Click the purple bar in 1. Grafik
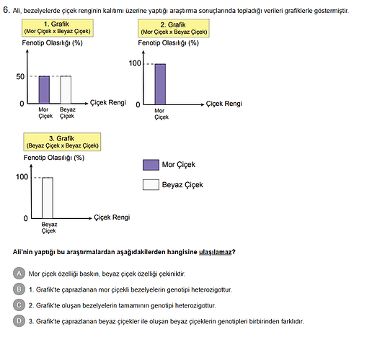pyautogui.click(x=44, y=90)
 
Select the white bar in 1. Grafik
pyautogui.click(x=66, y=90)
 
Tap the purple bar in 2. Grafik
pyautogui.click(x=160, y=84)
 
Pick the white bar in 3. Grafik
pyautogui.click(x=48, y=198)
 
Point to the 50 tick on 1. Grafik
pyautogui.click(x=20, y=76)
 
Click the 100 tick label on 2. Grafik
pyautogui.click(x=135, y=63)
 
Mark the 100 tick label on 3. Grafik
pyautogui.click(x=22, y=177)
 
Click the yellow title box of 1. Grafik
pyautogui.click(x=58, y=28)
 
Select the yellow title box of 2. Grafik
pyautogui.click(x=174, y=28)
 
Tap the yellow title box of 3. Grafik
pyautogui.click(x=62, y=142)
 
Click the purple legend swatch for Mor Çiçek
pyautogui.click(x=151, y=165)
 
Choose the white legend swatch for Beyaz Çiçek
pyautogui.click(x=151, y=184)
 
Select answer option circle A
pyautogui.click(x=19, y=274)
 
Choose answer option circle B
pyautogui.click(x=19, y=289)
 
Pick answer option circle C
pyautogui.click(x=19, y=305)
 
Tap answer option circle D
pyautogui.click(x=19, y=321)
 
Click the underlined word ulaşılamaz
pyautogui.click(x=216, y=252)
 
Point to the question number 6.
pyautogui.click(x=6, y=10)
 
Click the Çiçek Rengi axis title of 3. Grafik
pyautogui.click(x=112, y=217)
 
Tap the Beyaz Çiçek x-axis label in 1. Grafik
pyautogui.click(x=68, y=113)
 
